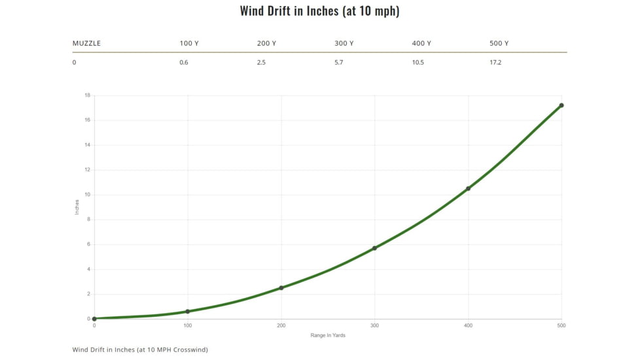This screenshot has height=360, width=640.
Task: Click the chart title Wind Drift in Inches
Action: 319,11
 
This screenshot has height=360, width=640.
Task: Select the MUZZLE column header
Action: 86,43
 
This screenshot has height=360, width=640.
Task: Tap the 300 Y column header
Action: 344,43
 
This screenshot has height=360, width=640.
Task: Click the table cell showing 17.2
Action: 495,62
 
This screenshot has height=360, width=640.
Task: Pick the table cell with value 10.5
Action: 418,62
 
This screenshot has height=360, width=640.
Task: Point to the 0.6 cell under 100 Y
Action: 184,62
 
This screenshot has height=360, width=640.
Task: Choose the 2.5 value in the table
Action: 261,62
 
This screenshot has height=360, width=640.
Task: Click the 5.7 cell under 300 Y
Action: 338,62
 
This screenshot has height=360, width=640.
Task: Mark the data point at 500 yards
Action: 561,105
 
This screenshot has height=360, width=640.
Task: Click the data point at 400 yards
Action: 468,189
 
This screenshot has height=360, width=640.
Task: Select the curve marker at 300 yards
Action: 374,248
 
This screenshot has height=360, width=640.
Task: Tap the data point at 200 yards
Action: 281,288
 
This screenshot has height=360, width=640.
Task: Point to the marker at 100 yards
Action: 188,312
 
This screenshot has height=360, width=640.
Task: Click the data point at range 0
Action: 94,319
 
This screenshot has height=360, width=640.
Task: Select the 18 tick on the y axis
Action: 87,96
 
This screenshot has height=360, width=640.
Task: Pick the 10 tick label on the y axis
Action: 87,195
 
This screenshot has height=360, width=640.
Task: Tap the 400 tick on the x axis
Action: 468,325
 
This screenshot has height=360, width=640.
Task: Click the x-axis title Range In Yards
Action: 328,336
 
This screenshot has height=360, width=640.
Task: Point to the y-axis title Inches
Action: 77,207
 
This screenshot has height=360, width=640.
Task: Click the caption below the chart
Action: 139,350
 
